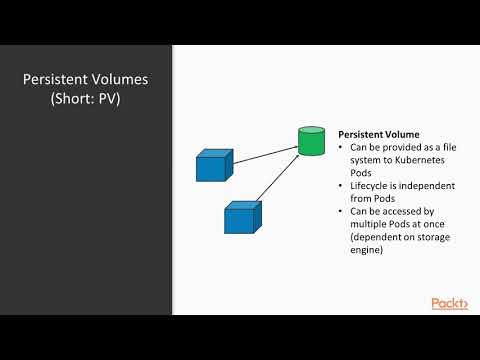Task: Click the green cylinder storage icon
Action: [312, 140]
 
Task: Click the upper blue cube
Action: [213, 165]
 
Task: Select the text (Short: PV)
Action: [86, 102]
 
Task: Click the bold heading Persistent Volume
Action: [378, 133]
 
